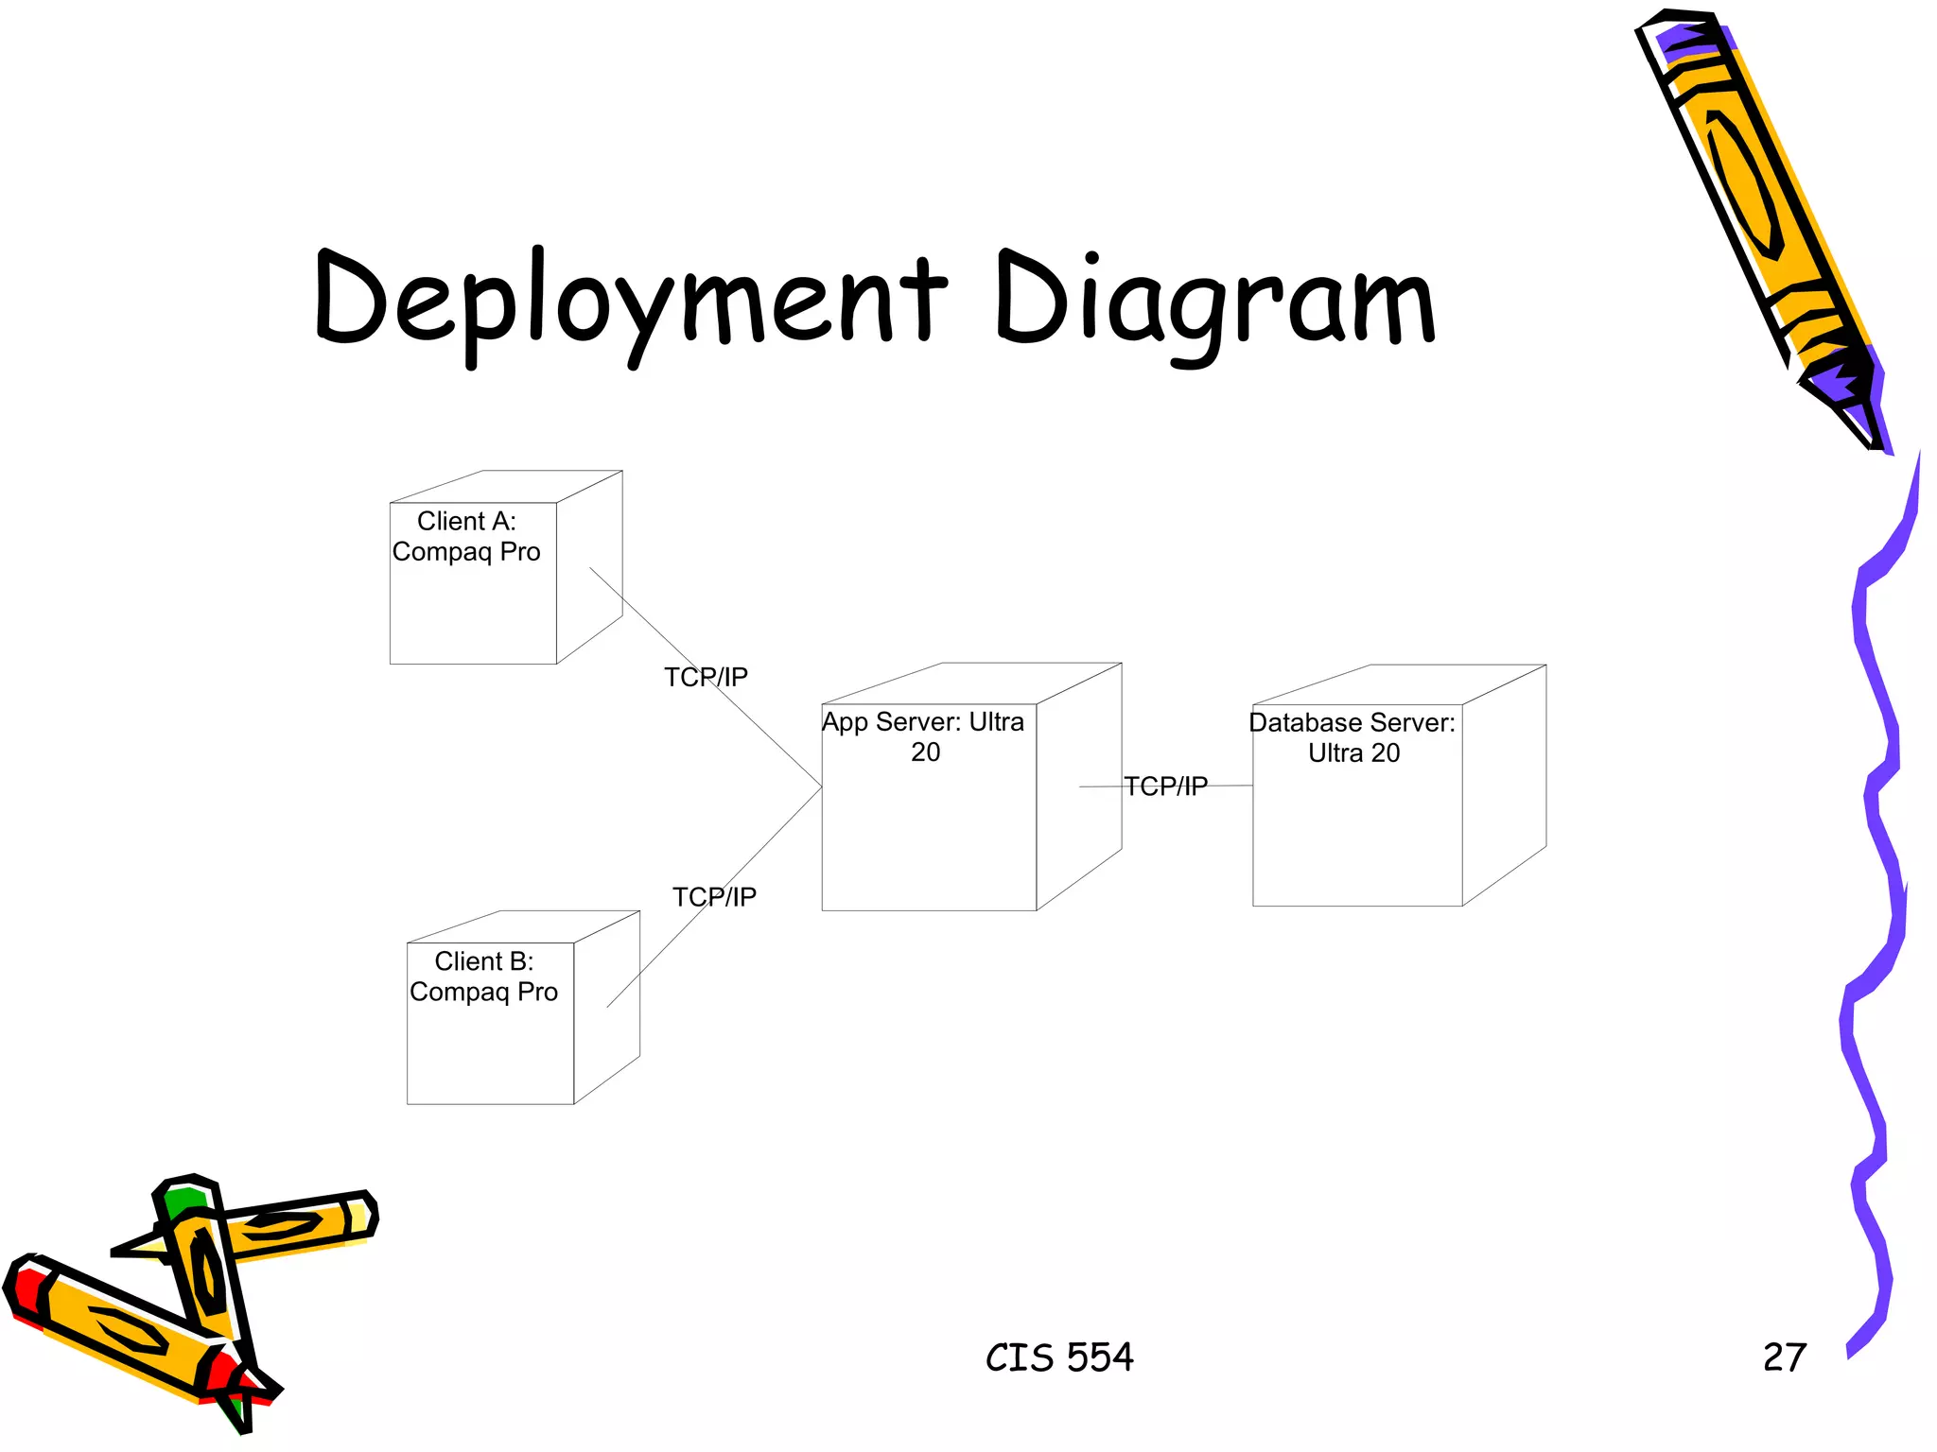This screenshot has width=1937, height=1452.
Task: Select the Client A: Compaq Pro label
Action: pos(466,536)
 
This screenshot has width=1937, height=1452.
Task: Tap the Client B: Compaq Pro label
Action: pos(483,977)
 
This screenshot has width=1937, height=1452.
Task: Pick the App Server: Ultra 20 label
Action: pos(924,736)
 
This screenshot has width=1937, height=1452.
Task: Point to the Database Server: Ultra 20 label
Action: pos(1352,737)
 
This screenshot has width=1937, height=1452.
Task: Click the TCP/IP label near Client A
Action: pos(706,677)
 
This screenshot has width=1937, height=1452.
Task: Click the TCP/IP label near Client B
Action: pos(714,896)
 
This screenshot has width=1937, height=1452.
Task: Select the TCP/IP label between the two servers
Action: pos(1165,786)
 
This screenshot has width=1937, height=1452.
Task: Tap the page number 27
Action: pos(1785,1357)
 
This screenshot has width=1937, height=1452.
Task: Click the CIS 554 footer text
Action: pos(1059,1357)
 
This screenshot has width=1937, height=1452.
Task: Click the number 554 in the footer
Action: pos(1100,1357)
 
